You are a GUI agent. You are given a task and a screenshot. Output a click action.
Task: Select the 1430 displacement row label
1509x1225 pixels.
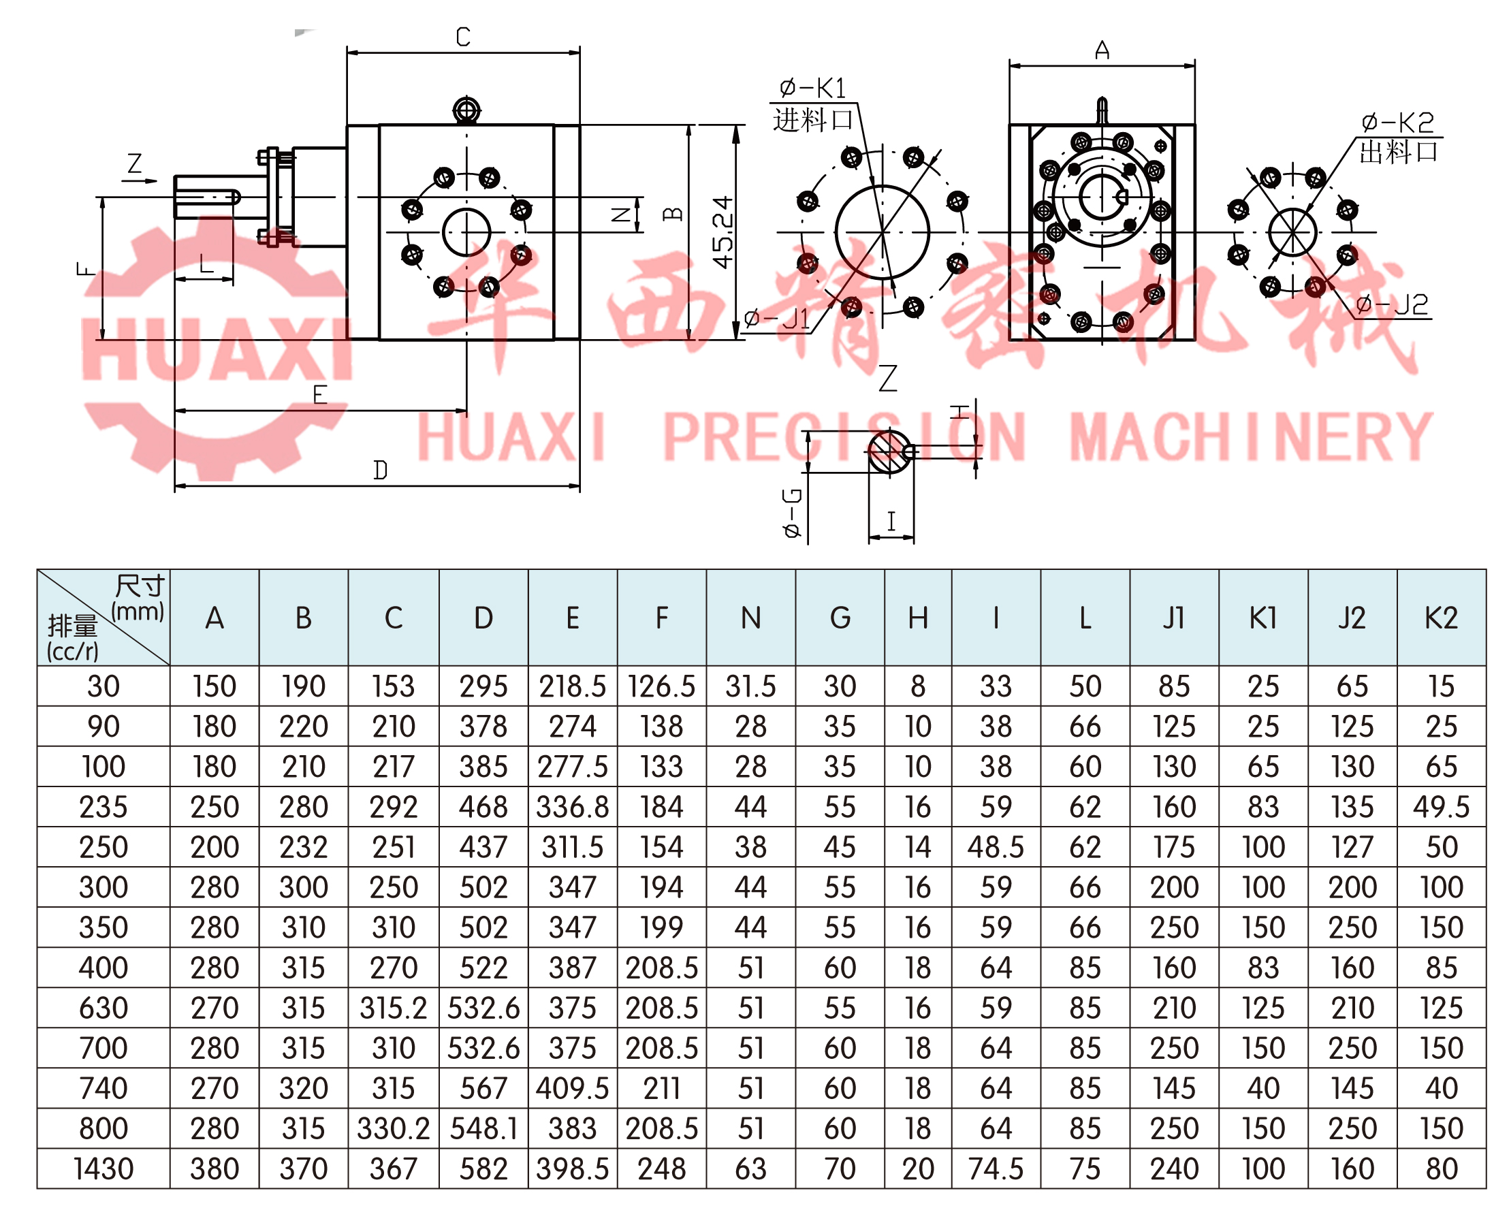(x=104, y=1168)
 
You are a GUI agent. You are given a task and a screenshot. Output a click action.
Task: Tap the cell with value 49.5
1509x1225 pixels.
(x=1441, y=806)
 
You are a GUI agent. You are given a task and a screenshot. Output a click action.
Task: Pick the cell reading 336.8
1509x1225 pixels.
(x=572, y=806)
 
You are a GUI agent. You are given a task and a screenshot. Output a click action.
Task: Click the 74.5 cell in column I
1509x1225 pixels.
(x=996, y=1168)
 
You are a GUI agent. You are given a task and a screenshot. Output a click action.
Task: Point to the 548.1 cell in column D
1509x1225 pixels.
(x=483, y=1128)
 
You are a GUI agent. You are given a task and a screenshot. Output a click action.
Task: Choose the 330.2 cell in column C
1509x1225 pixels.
(x=393, y=1128)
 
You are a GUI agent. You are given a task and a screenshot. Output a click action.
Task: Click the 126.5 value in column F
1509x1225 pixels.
(x=661, y=686)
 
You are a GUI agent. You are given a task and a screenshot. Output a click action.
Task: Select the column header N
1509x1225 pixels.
(x=750, y=618)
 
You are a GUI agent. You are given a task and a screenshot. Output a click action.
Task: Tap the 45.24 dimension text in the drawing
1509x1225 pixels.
(x=724, y=232)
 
